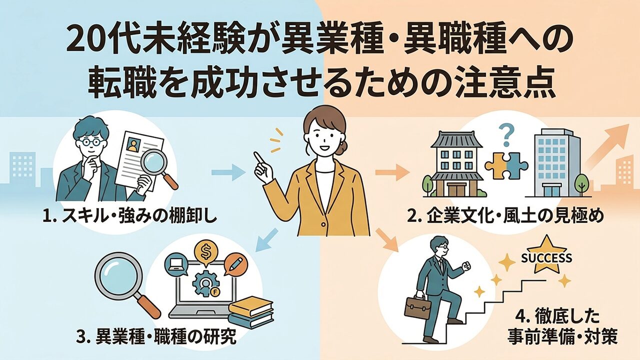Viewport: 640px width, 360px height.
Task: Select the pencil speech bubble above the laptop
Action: point(233,263)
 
